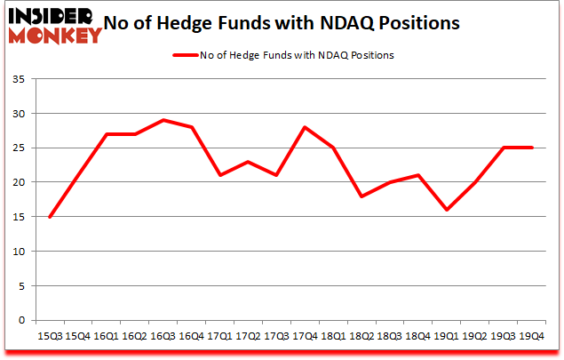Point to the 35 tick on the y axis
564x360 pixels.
coord(18,80)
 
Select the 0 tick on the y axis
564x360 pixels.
coord(21,320)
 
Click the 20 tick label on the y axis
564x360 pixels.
coord(18,183)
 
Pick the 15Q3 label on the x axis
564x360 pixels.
coord(50,335)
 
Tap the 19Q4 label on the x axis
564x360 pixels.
coord(532,335)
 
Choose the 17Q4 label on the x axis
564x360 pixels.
coord(306,335)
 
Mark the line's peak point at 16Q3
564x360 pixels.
coord(163,120)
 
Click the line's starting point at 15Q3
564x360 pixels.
coord(50,217)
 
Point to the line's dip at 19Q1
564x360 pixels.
coord(447,210)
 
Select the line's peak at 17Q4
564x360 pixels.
coord(306,127)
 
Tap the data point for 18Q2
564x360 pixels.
coord(361,196)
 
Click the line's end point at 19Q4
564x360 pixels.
coord(532,148)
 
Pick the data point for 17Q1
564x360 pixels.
coord(220,175)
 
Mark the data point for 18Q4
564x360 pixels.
coord(418,175)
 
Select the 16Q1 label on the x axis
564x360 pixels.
coord(107,335)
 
